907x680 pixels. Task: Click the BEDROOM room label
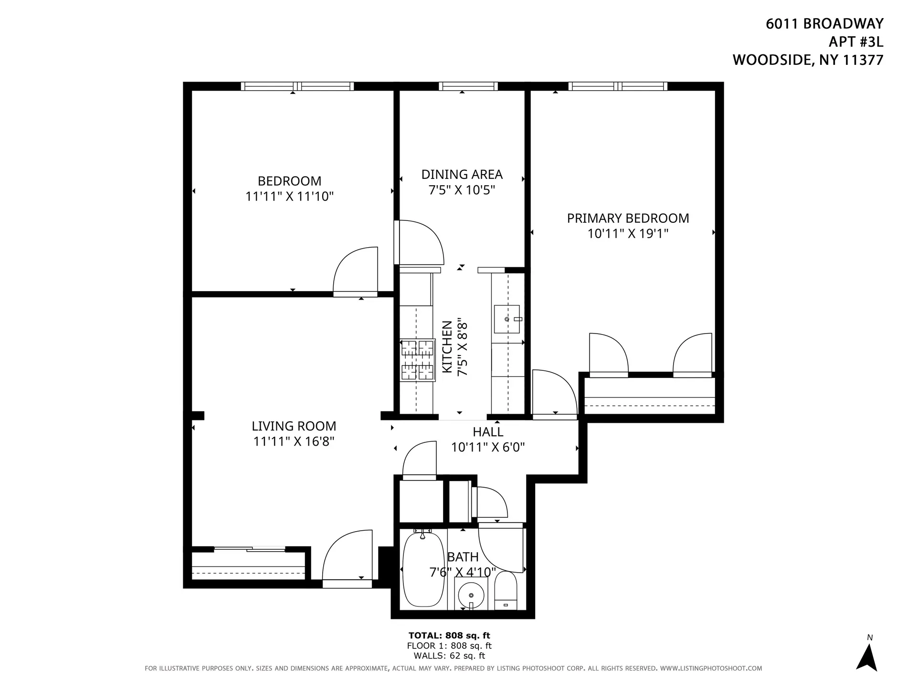289,181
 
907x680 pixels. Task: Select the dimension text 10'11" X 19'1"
627,234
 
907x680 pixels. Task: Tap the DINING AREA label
462,175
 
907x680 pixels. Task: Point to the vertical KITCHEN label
447,347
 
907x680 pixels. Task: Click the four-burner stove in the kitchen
418,360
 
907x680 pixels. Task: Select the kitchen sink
507,319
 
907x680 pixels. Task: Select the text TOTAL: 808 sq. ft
449,636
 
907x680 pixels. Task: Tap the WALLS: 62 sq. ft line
449,656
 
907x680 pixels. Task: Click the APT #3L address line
855,42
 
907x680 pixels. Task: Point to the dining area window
468,86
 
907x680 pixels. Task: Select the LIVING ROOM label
294,426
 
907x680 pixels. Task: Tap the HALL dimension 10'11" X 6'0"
488,448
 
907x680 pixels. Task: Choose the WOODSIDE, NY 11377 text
808,60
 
